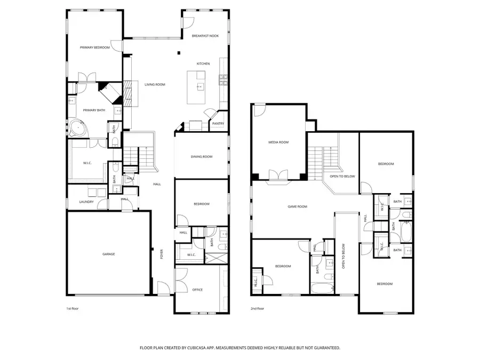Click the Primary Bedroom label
click(95, 47)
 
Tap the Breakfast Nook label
click(205, 35)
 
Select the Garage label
click(109, 254)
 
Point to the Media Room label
click(278, 142)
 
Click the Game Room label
click(298, 206)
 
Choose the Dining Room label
click(202, 156)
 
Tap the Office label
click(197, 290)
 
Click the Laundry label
click(86, 202)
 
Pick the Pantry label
click(218, 123)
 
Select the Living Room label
click(155, 84)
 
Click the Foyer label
click(163, 255)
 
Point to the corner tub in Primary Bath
click(78, 128)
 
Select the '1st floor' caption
click(72, 308)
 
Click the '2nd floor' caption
click(258, 308)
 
